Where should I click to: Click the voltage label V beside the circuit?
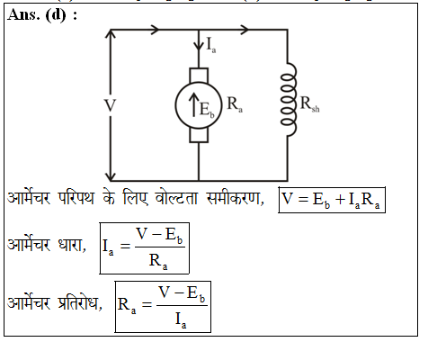pos(110,105)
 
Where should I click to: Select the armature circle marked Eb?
pos(197,105)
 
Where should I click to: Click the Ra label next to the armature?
pos(235,104)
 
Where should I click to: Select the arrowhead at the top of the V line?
pos(110,35)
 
